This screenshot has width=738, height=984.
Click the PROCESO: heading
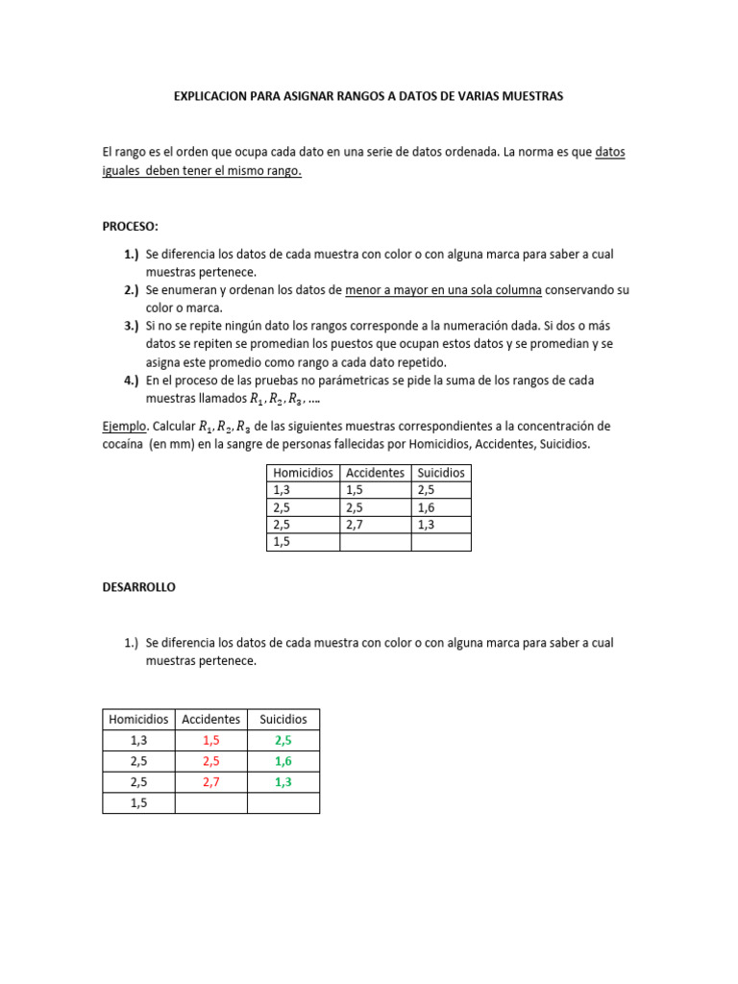pos(131,227)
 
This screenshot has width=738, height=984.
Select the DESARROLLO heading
pos(139,586)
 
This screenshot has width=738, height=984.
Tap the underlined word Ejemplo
pos(121,426)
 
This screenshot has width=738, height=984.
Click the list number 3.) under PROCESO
pos(132,327)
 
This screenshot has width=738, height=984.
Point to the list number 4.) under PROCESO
pos(132,381)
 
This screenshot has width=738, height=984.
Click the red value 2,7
pos(211,782)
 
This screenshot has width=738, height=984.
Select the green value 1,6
pos(283,761)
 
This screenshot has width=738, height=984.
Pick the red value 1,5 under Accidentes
pos(211,740)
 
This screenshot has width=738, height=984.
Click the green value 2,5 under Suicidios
pos(283,740)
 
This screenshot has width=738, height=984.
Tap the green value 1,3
pos(283,782)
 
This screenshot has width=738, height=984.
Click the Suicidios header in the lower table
pos(283,719)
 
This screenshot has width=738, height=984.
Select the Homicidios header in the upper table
pos(303,473)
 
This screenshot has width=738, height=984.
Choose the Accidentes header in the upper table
pos(375,473)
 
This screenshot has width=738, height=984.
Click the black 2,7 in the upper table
pos(355,525)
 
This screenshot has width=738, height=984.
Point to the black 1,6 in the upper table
pos(427,507)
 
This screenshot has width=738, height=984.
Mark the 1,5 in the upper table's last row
pos(282,542)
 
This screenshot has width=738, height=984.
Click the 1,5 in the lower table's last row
pos(138,803)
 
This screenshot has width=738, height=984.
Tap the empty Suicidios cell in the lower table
pos(283,803)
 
